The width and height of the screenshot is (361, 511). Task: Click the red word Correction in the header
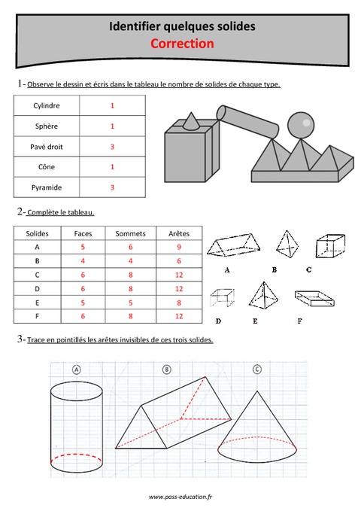[x=182, y=44]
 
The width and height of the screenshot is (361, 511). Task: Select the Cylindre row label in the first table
[x=47, y=106]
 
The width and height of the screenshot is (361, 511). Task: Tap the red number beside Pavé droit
[x=112, y=147]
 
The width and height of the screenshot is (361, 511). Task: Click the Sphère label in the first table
[x=47, y=126]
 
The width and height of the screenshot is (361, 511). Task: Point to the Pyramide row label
[x=47, y=187]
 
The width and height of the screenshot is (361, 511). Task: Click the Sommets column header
[x=130, y=234]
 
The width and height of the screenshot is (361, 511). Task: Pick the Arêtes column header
[x=179, y=234]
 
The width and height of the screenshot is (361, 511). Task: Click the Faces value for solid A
[x=83, y=246]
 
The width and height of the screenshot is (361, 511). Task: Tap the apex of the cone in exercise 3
[x=257, y=391]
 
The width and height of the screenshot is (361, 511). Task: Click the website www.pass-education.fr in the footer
[x=180, y=497]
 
